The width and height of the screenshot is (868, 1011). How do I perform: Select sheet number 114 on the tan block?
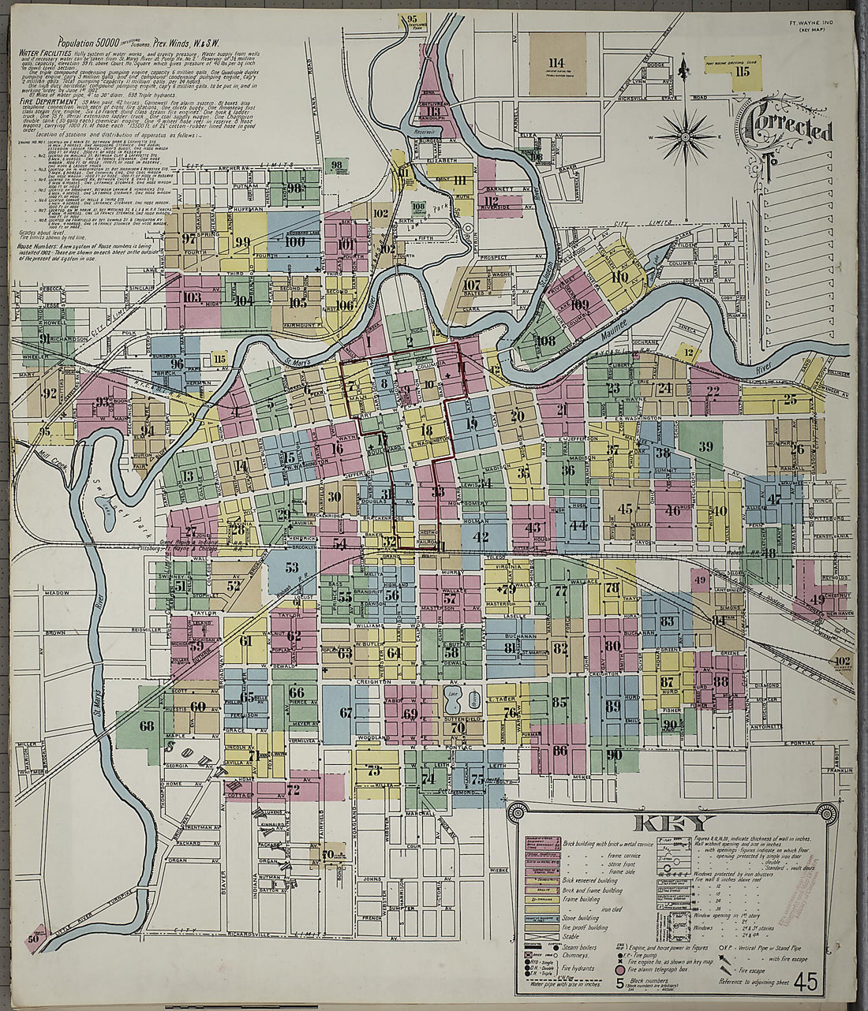click(557, 62)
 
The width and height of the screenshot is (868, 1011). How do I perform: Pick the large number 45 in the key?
click(806, 982)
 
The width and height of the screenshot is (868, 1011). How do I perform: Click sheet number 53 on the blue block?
click(292, 567)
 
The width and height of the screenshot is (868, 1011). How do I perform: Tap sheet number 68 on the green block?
click(147, 726)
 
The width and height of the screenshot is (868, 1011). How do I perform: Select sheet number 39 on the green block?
click(705, 446)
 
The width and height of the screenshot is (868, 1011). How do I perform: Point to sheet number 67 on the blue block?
click(346, 713)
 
